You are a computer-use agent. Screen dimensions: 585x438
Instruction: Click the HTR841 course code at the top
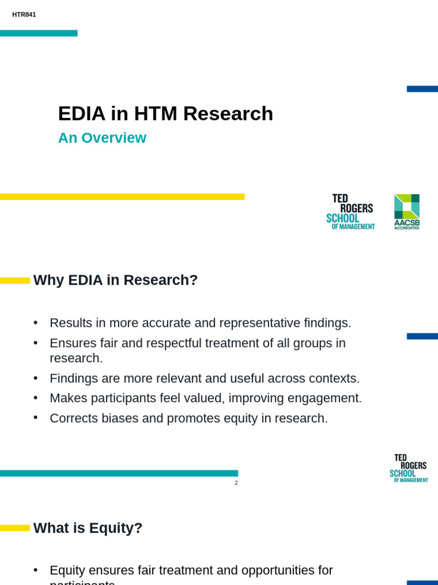pos(24,15)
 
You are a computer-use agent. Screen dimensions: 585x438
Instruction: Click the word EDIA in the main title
pos(82,114)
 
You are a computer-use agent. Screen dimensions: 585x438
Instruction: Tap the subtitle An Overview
pos(102,138)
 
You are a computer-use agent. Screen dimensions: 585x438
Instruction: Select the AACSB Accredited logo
pos(407,211)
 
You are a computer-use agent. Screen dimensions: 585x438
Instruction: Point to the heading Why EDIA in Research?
pos(115,281)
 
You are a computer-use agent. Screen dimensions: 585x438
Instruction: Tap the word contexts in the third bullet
pos(334,379)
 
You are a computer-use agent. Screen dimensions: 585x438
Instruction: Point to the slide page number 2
pos(236,483)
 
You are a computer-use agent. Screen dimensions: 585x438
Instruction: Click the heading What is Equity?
pos(88,528)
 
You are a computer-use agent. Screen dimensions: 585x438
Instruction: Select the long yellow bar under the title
pos(122,197)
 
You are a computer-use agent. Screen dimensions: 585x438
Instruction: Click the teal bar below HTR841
pos(38,33)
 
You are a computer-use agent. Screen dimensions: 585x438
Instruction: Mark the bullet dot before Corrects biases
pos(36,418)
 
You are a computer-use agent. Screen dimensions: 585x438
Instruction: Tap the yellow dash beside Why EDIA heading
pos(15,281)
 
